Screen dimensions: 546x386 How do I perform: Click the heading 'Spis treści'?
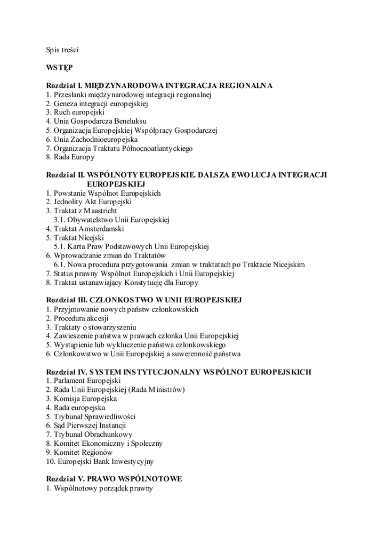coord(62,50)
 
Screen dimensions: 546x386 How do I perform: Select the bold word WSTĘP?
coord(59,68)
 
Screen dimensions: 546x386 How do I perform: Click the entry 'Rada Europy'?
coord(70,157)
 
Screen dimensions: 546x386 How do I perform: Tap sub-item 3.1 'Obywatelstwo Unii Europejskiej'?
coord(111,220)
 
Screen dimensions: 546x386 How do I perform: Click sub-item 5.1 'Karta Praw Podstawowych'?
coord(131,247)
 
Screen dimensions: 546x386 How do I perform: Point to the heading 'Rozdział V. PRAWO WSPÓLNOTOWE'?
coord(114,479)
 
